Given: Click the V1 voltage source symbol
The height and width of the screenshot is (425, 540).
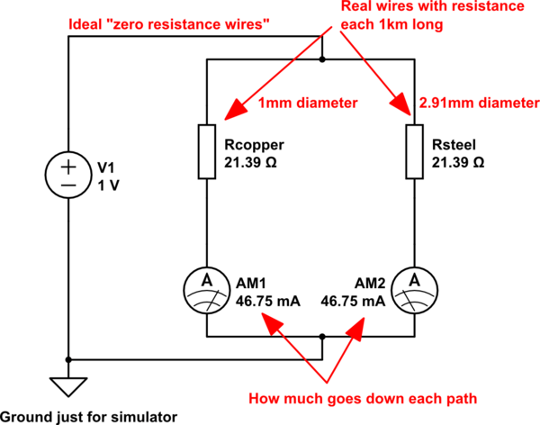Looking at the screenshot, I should click(x=68, y=175).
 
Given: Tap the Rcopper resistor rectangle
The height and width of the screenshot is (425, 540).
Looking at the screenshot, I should click(x=208, y=152).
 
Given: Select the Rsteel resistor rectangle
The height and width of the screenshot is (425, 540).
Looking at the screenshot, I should click(x=414, y=152).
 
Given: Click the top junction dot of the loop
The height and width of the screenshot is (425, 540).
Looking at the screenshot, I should click(x=322, y=60).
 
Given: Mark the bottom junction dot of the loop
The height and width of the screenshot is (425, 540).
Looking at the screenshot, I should click(x=322, y=336).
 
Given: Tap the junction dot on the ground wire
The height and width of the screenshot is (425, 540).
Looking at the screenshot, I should click(x=68, y=358).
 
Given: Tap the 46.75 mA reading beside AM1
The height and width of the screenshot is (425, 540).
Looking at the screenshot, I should click(x=267, y=300).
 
